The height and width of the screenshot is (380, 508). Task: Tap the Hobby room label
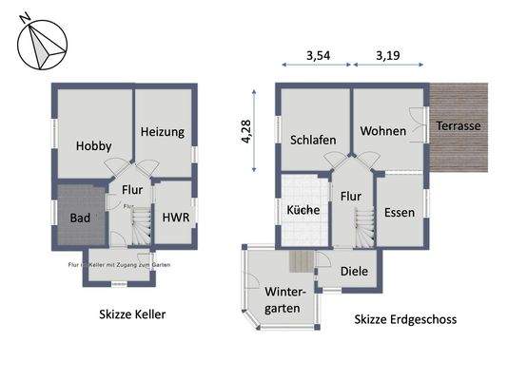point(94,146)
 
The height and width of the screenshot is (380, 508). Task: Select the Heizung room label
point(162,132)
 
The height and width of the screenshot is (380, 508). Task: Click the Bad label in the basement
point(81,218)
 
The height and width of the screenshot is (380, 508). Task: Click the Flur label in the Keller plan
point(132,189)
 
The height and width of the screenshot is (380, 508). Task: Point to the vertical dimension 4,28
point(247,131)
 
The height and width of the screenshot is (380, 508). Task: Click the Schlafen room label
point(314,140)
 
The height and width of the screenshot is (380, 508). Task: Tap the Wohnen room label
point(383,131)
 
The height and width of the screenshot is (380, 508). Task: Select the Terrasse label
point(459,125)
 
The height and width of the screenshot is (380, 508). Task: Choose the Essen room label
point(399,212)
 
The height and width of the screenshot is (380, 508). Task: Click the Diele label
point(356,271)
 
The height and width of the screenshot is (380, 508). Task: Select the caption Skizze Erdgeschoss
point(405,320)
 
